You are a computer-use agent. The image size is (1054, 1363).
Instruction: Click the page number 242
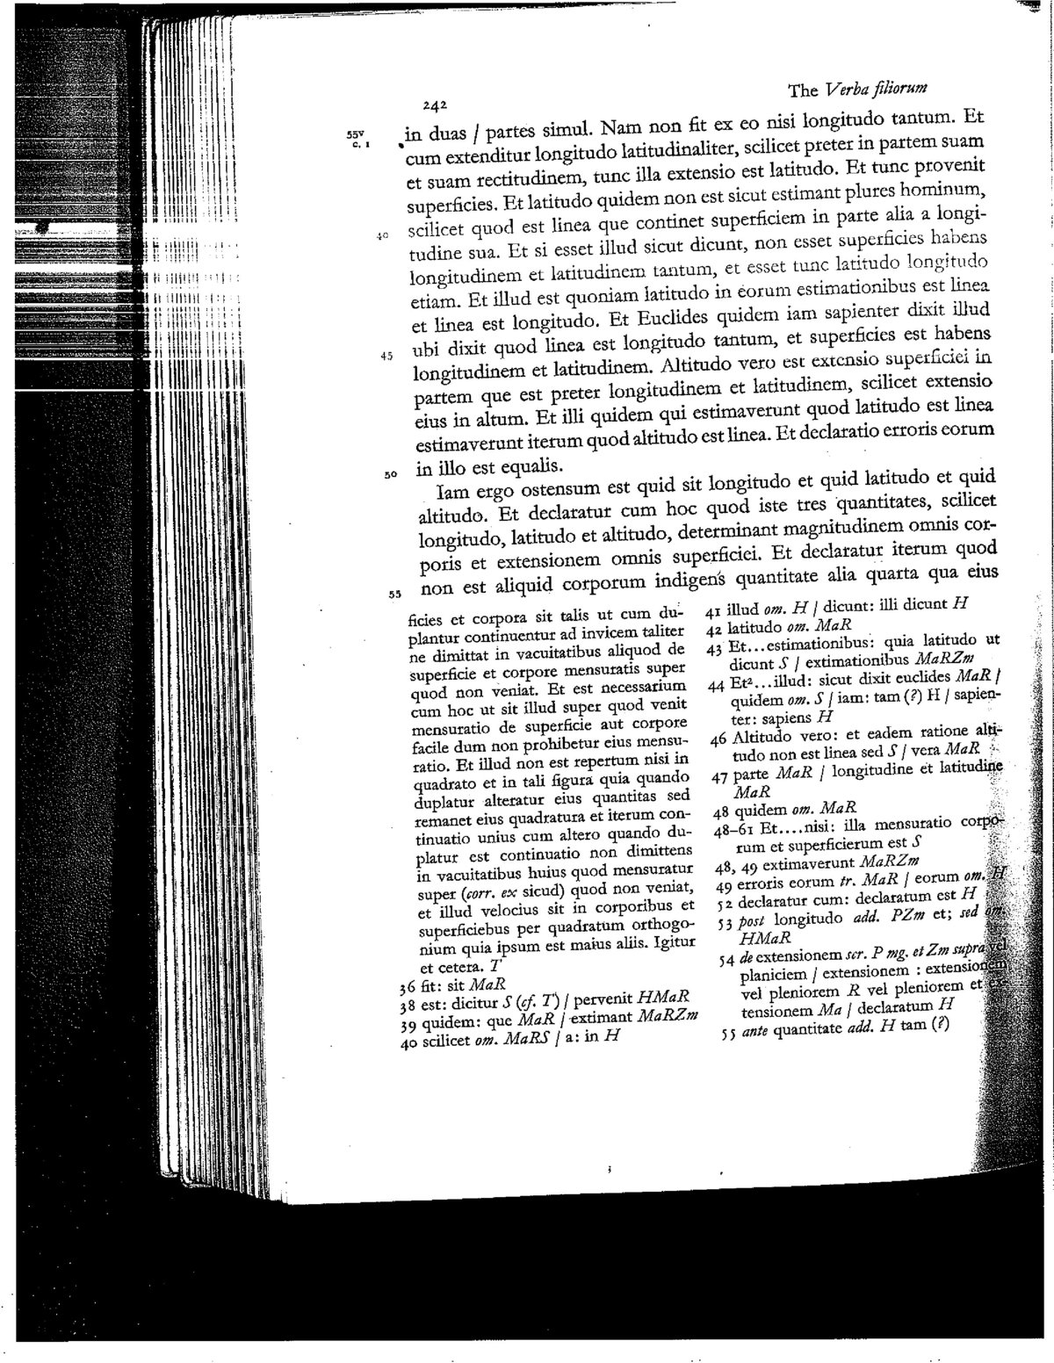(x=436, y=105)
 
